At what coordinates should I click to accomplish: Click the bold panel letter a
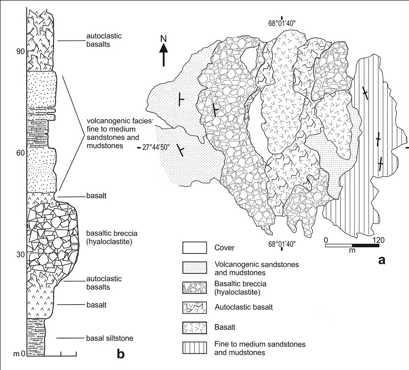[382, 260]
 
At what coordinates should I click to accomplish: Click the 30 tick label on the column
[19, 254]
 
